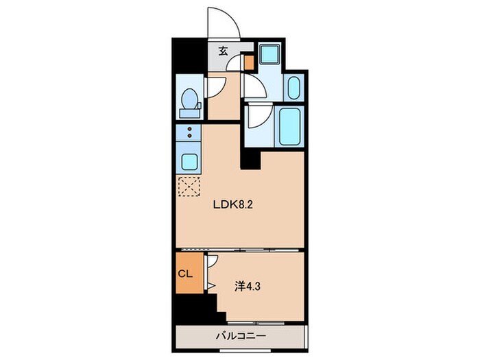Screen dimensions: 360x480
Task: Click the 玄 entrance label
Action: [224, 50]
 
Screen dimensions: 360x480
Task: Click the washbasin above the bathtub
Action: [293, 88]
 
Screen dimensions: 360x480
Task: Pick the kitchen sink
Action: [189, 162]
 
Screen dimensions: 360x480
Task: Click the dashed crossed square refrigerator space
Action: [189, 187]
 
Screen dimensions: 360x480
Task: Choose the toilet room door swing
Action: [213, 86]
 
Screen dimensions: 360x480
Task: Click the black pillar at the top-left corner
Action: [189, 56]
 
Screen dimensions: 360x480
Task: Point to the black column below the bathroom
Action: [251, 158]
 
